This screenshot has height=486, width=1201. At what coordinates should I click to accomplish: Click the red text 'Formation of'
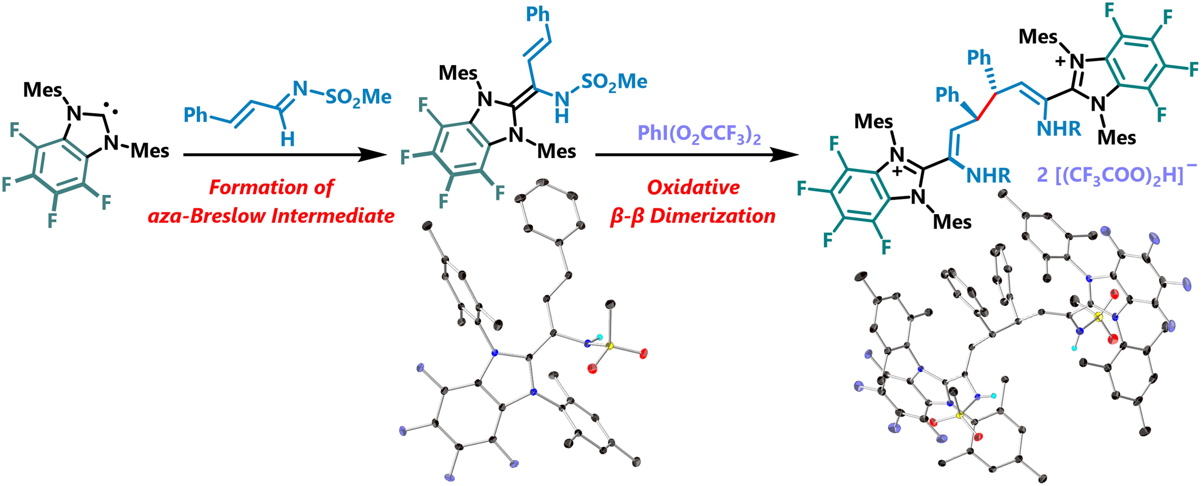271,188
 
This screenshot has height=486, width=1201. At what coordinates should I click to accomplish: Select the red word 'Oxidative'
693,188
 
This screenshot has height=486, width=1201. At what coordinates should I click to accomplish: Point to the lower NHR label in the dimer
988,176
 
